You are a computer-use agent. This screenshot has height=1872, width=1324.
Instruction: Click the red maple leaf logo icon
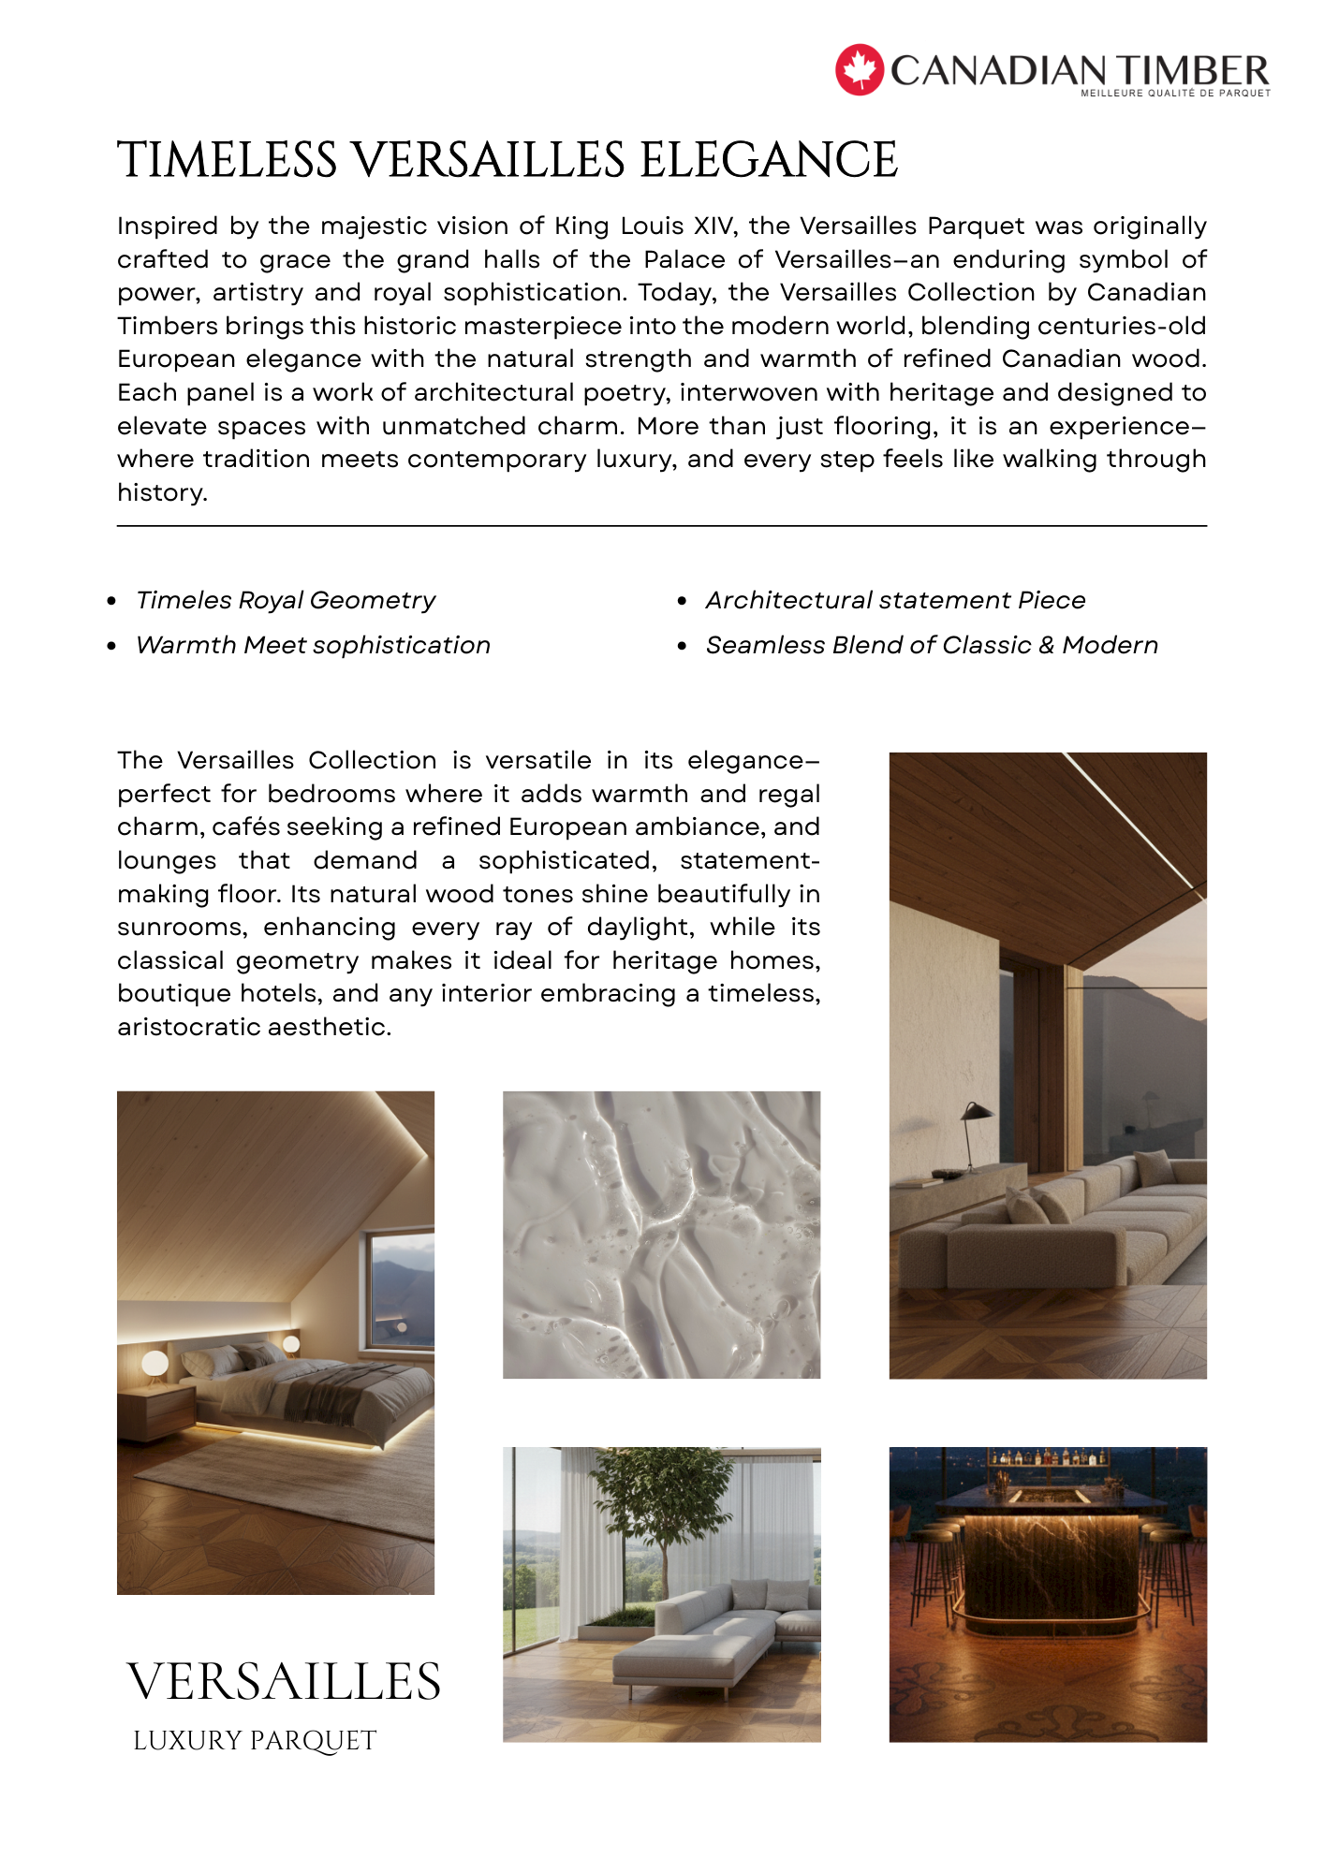tap(859, 70)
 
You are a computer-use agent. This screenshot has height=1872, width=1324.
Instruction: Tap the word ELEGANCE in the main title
tap(769, 160)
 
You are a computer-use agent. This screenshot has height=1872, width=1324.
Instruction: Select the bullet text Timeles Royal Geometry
tap(286, 600)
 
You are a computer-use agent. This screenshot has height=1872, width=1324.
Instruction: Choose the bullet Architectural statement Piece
tap(895, 600)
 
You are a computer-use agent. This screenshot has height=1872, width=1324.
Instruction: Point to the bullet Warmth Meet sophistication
tap(313, 645)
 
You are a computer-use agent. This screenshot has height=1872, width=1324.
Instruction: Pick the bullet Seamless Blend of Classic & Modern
tap(932, 645)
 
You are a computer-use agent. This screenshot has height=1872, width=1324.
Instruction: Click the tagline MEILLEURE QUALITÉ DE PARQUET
tap(1175, 94)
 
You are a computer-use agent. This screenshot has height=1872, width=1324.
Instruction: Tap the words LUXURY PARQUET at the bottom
tap(255, 1741)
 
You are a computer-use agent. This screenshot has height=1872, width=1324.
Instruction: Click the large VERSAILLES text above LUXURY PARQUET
tap(284, 1682)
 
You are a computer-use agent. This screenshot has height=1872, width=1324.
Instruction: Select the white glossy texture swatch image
tap(661, 1235)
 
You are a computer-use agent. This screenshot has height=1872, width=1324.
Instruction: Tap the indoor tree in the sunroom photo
tap(663, 1507)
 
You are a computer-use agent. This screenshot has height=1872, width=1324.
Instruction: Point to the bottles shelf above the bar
tap(1049, 1457)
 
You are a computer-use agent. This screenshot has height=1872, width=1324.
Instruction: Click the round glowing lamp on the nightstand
tap(154, 1365)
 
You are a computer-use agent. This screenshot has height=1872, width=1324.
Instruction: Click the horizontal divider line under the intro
tap(661, 526)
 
